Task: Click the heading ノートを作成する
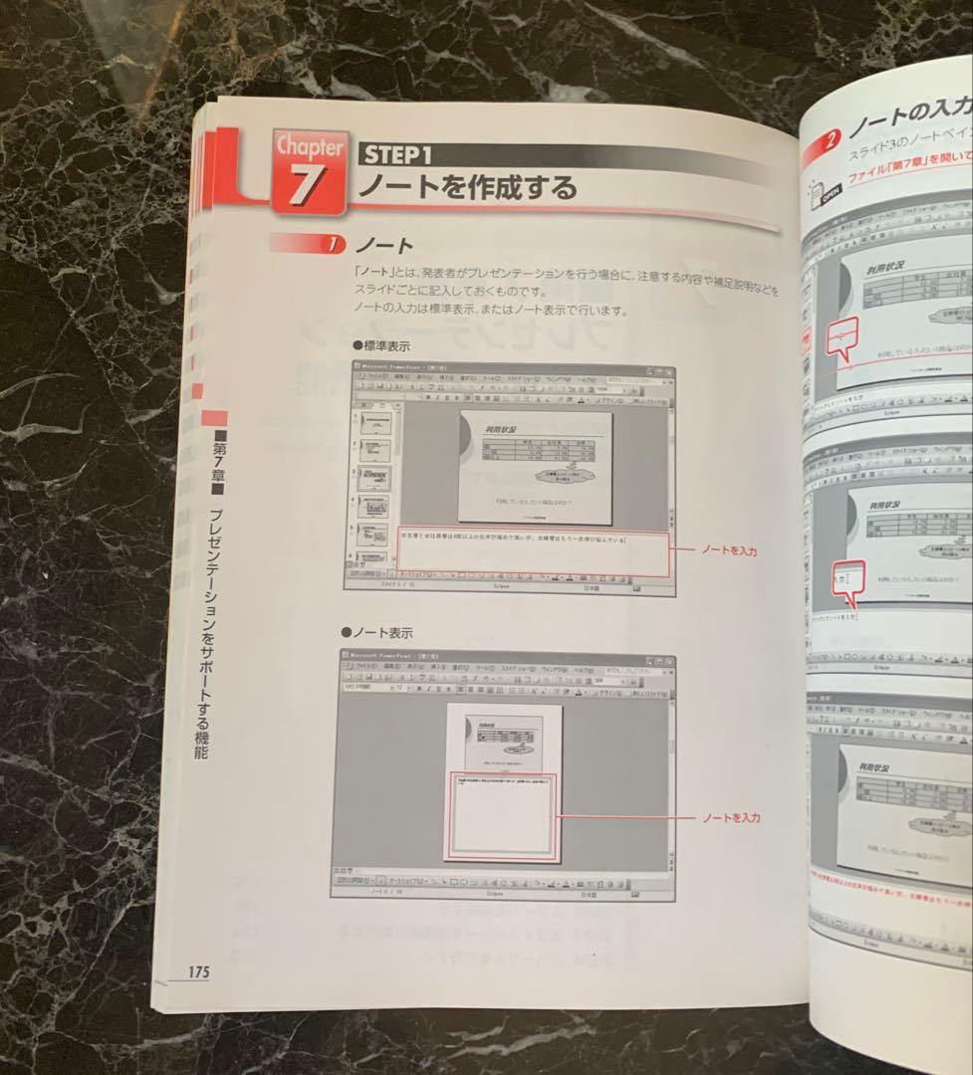pos(467,186)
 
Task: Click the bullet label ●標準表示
pos(381,345)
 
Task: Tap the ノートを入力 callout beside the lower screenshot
pos(731,817)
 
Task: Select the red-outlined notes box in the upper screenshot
pos(534,552)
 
